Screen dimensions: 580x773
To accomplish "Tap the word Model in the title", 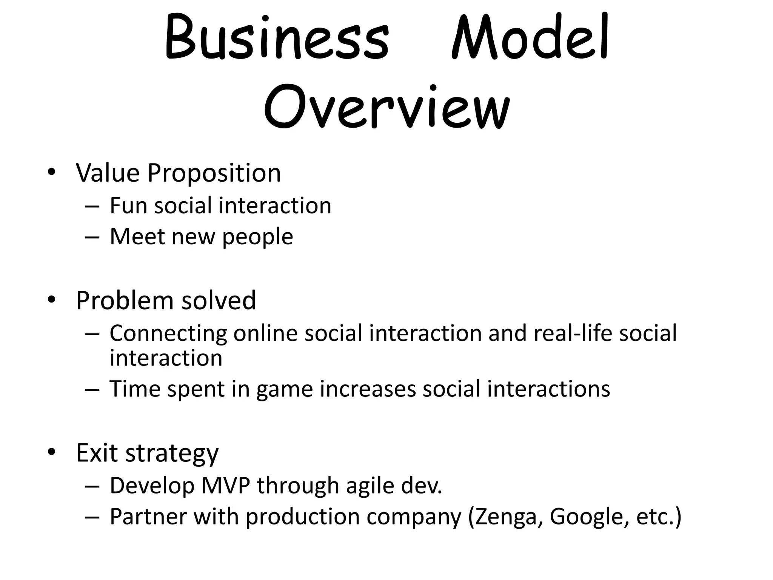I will [x=530, y=38].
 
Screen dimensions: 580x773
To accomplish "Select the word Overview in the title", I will [x=386, y=108].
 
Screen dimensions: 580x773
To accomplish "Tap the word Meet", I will [x=137, y=237].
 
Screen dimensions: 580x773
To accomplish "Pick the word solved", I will [x=219, y=301].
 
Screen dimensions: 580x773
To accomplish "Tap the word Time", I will [x=135, y=389].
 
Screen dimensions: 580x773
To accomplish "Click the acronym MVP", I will [x=226, y=486].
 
